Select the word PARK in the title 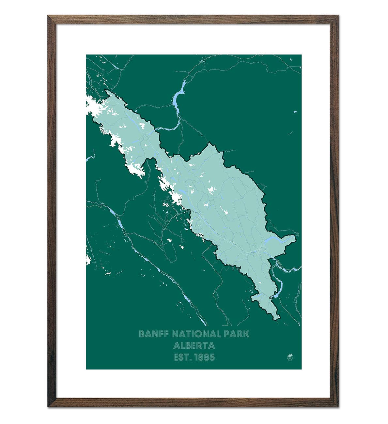[x=238, y=334]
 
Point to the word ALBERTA [x=194, y=345]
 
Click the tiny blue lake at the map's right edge [x=295, y=112]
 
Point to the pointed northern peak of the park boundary [x=209, y=143]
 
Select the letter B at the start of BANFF [x=142, y=334]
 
